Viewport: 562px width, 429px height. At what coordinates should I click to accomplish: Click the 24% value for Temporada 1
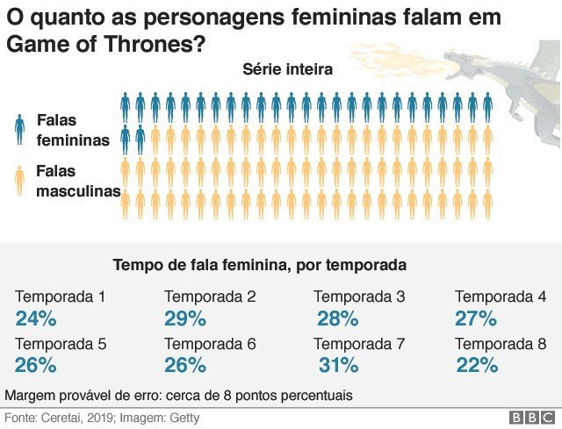pyautogui.click(x=36, y=318)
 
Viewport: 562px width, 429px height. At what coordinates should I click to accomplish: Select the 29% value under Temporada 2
pyautogui.click(x=184, y=318)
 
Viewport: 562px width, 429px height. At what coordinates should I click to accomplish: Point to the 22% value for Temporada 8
pyautogui.click(x=477, y=364)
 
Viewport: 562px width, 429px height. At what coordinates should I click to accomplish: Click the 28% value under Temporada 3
pyautogui.click(x=337, y=318)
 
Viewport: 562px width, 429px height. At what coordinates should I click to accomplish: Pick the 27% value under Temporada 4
pyautogui.click(x=476, y=318)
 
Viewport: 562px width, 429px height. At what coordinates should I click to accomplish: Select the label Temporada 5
pyautogui.click(x=61, y=344)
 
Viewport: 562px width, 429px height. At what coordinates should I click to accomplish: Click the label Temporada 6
pyautogui.click(x=210, y=344)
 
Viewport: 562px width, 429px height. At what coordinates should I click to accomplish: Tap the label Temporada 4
pyautogui.click(x=501, y=297)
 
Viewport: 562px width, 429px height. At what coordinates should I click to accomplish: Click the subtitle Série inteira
pyautogui.click(x=287, y=70)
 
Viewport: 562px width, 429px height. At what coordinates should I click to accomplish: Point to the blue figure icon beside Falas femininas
pyautogui.click(x=19, y=128)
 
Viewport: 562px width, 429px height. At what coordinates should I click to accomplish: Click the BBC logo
pyautogui.click(x=530, y=417)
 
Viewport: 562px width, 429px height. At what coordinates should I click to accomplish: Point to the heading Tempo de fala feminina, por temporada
pyautogui.click(x=260, y=264)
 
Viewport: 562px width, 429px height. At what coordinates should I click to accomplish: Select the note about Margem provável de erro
pyautogui.click(x=179, y=395)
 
